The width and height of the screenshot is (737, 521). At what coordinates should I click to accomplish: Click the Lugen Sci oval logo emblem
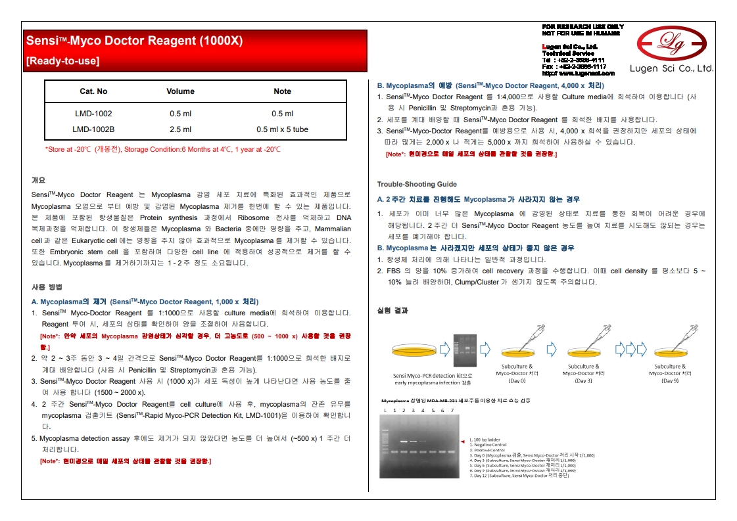pyautogui.click(x=671, y=44)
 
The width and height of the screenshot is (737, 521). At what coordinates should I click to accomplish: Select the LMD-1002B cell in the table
pyautogui.click(x=93, y=129)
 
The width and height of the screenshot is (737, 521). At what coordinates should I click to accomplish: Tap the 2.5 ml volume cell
pyautogui.click(x=180, y=129)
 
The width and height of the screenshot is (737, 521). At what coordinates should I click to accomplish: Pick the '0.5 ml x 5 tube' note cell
pyautogui.click(x=282, y=129)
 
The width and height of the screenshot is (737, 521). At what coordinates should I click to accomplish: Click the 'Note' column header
pyautogui.click(x=282, y=91)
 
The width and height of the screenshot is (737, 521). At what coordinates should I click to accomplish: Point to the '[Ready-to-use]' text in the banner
pyautogui.click(x=62, y=61)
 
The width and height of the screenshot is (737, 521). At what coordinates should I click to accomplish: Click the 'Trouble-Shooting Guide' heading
pyautogui.click(x=417, y=184)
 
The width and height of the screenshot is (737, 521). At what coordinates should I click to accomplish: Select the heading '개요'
pyautogui.click(x=38, y=179)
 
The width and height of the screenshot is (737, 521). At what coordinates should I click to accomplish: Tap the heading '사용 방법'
pyautogui.click(x=47, y=287)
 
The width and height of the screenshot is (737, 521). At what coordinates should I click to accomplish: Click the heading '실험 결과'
pyautogui.click(x=392, y=310)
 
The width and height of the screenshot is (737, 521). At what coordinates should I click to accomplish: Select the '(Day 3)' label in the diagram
pyautogui.click(x=583, y=380)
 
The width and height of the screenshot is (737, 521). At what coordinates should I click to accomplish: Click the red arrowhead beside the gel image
pyautogui.click(x=462, y=442)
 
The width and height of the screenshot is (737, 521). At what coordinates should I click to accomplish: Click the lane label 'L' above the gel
pyautogui.click(x=385, y=411)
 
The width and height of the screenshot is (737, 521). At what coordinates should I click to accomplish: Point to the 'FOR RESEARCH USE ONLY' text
pyautogui.click(x=582, y=27)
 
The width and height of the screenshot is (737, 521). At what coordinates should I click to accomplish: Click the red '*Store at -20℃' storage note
pyautogui.click(x=162, y=150)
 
